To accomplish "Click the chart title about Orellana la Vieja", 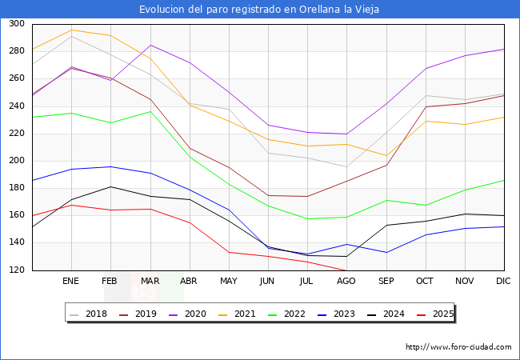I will (259, 10).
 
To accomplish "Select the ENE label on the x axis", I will (71, 282).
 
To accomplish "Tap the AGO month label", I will (346, 282).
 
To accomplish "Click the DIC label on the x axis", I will (503, 282).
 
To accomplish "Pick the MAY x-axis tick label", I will (229, 282).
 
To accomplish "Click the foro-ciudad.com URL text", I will (458, 347).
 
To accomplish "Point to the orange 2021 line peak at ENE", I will (71, 30).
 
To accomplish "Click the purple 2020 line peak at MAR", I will (150, 45).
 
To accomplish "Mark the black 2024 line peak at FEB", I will (110, 186).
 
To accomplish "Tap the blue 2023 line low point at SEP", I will (386, 253).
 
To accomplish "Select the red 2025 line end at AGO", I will (346, 270).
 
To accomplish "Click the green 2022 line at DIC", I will (503, 180).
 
